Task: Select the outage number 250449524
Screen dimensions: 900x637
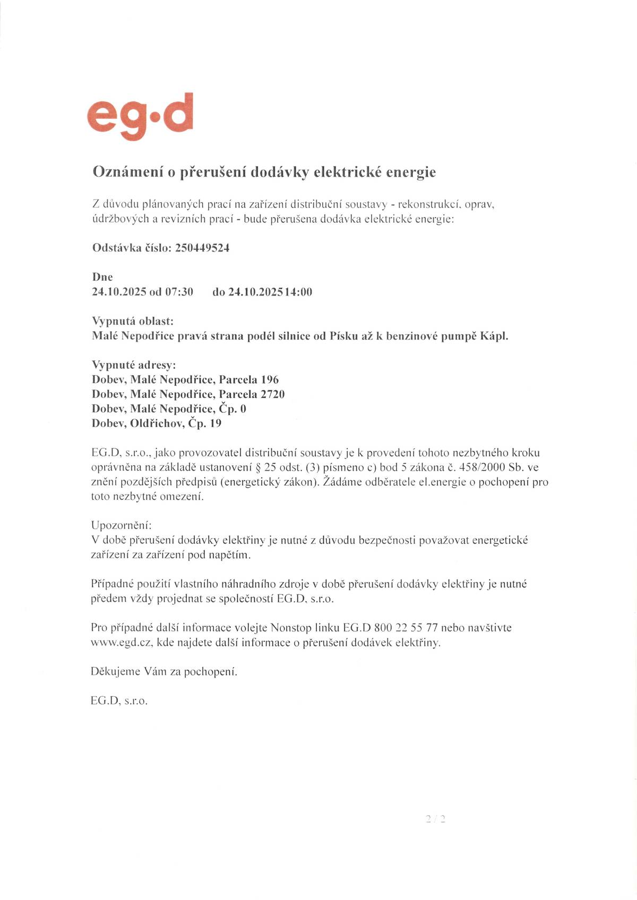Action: point(202,248)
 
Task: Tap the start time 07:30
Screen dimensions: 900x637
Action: point(179,292)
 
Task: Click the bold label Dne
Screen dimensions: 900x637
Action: point(102,277)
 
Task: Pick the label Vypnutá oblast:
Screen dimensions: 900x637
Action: point(133,321)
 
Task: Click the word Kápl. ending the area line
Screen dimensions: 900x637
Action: point(494,336)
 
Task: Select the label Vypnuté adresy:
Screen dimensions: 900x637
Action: point(134,365)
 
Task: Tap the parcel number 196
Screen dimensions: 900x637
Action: point(270,379)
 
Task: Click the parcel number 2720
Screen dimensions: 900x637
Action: point(273,394)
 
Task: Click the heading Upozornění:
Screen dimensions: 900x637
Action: point(122,526)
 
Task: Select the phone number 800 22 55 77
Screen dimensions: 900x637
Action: point(406,628)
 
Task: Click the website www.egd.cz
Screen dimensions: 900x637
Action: point(122,643)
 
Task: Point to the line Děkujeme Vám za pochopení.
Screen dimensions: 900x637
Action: point(164,672)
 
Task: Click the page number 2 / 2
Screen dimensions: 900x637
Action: point(435,819)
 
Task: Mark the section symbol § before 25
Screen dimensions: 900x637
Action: point(259,468)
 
